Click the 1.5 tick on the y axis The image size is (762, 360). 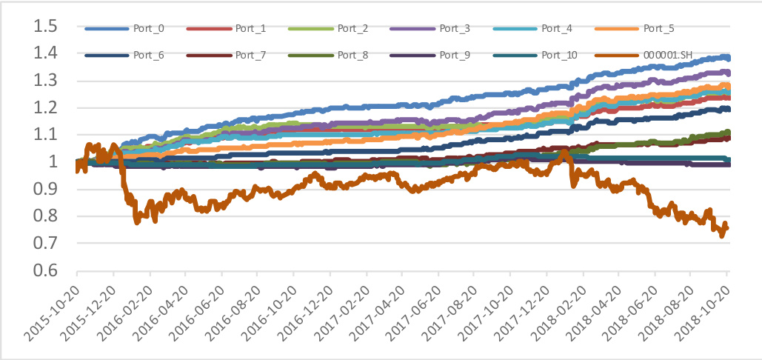[45, 27]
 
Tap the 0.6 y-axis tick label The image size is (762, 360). [45, 270]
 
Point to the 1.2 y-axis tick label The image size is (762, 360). [45, 108]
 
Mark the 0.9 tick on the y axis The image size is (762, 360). [45, 190]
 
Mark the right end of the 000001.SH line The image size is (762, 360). [726, 228]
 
